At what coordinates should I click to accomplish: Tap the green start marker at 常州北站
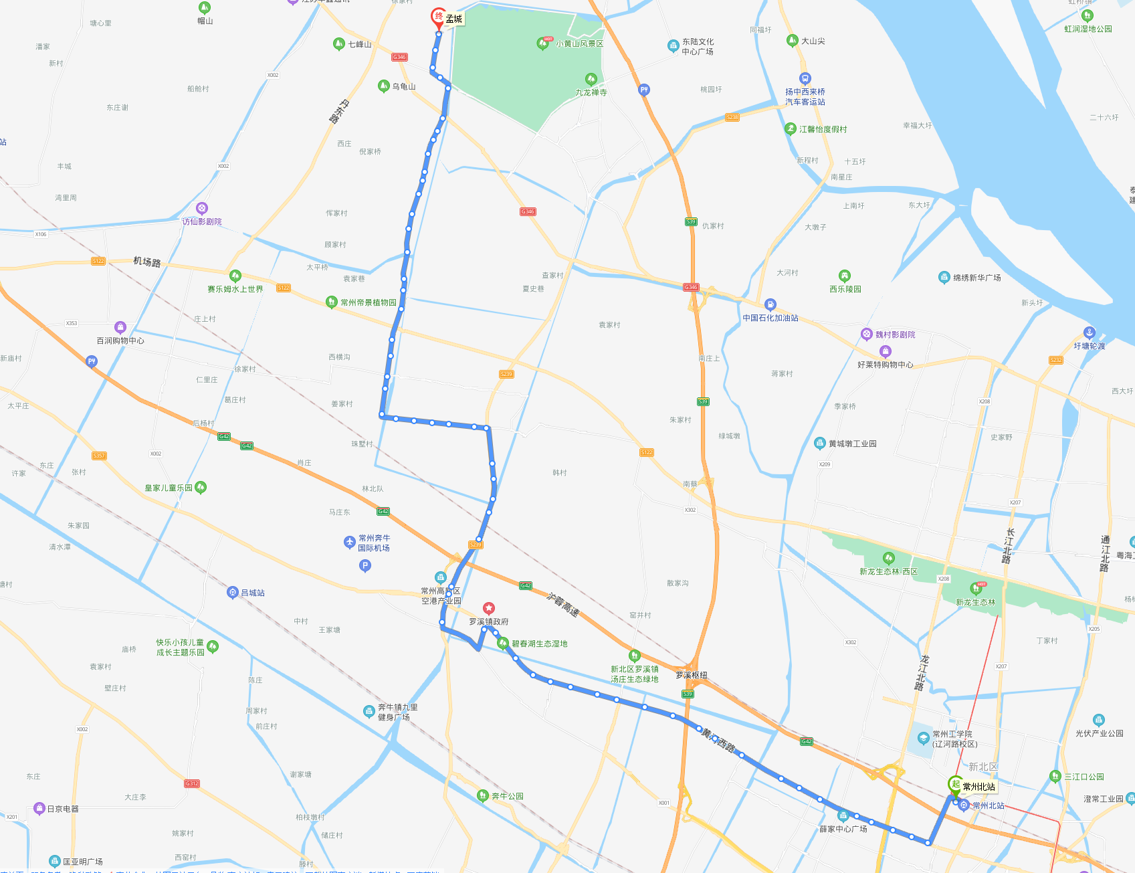pos(956,785)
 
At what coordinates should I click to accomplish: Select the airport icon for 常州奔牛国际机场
pos(349,542)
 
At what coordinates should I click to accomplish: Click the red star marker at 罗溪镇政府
pos(489,608)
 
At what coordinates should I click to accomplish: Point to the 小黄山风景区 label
pos(579,44)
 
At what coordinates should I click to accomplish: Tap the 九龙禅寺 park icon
pos(591,79)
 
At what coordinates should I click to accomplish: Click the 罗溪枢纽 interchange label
pos(691,675)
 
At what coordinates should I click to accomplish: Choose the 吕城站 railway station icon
pos(232,592)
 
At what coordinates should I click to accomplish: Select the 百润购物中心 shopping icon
pos(120,327)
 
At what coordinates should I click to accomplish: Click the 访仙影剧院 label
pos(202,221)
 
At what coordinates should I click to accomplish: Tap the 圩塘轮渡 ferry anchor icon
pos(1089,332)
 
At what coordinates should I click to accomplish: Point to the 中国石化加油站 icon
pos(770,304)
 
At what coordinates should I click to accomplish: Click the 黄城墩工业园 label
pos(852,444)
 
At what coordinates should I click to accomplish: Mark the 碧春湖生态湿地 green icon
pos(503,643)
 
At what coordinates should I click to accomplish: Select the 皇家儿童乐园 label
pos(169,488)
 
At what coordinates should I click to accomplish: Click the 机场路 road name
pos(147,262)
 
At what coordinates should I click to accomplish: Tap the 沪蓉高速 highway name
pos(563,605)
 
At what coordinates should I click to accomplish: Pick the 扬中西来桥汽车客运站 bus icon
pos(805,78)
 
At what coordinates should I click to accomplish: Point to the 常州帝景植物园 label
pos(368,302)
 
